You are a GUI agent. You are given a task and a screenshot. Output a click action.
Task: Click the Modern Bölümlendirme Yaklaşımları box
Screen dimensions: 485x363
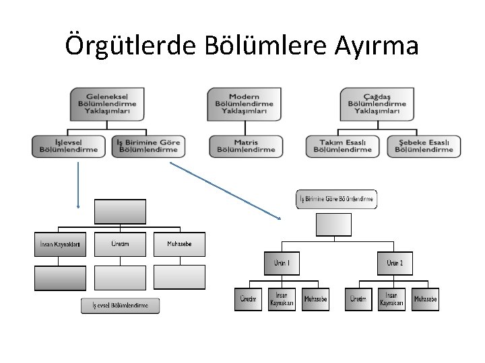[243, 104]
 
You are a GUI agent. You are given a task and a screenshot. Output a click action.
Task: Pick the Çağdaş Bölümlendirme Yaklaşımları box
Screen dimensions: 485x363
[377, 104]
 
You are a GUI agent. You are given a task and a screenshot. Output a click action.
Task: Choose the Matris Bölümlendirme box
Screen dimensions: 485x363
[243, 145]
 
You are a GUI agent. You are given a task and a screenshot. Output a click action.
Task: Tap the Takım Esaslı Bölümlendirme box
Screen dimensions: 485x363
[344, 145]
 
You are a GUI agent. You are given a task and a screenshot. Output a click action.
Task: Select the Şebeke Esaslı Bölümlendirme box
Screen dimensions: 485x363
[424, 145]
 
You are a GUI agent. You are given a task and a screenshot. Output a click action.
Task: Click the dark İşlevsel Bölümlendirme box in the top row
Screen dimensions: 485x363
[69, 145]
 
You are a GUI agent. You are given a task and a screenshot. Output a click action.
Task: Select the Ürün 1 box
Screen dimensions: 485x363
[282, 263]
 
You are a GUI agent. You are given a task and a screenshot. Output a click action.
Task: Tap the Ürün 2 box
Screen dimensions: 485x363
[395, 263]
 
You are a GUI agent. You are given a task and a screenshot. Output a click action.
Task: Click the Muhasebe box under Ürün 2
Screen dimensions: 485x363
[425, 298]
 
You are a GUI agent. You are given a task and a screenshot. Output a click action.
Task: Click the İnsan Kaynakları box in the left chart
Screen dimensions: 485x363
[61, 244]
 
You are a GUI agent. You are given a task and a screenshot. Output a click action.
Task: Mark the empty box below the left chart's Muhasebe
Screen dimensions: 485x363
[179, 277]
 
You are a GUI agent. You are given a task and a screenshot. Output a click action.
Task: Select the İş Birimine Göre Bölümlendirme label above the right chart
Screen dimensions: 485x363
[336, 199]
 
